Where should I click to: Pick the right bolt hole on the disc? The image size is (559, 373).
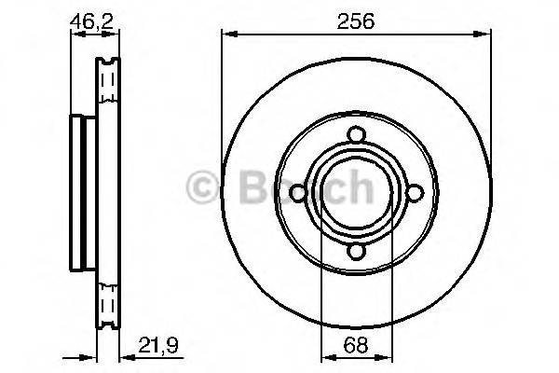(416, 193)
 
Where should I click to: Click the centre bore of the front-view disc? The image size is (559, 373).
(356, 193)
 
